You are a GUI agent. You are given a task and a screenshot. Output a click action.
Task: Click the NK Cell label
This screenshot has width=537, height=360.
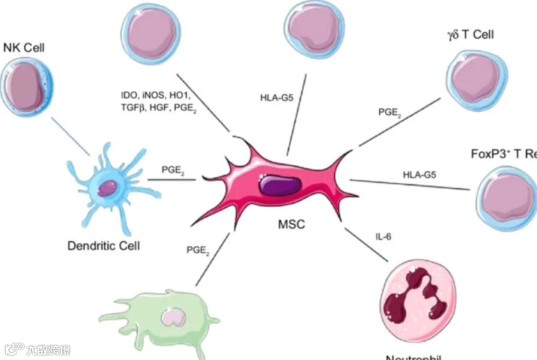coord(24,47)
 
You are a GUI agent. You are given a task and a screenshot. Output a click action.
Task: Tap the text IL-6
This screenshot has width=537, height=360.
coord(383,237)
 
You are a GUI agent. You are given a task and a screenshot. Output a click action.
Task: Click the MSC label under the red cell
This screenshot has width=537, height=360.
coord(292,226)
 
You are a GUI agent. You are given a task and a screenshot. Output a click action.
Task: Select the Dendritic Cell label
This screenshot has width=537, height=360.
coord(104,245)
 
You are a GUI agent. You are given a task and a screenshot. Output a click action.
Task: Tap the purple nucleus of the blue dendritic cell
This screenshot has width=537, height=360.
coord(106,189)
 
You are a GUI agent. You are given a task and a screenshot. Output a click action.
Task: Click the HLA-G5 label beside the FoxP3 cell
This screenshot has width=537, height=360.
coord(420,175)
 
